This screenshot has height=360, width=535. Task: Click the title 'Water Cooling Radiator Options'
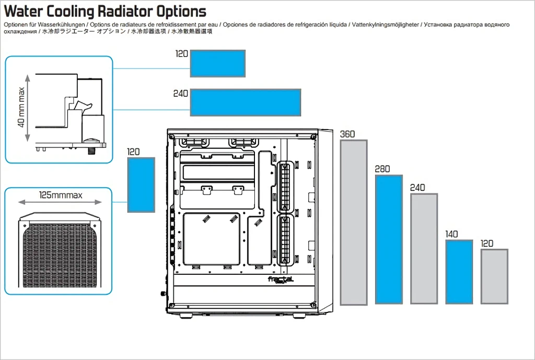(x=105, y=11)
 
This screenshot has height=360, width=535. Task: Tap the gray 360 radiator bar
(x=354, y=222)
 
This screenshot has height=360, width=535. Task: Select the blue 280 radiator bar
(x=389, y=239)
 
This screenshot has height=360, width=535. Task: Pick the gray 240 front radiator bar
(x=424, y=248)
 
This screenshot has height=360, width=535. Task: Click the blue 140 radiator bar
(x=459, y=271)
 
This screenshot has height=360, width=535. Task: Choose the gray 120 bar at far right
(x=494, y=276)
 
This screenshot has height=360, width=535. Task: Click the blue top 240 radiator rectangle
(x=245, y=102)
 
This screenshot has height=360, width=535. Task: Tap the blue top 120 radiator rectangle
(x=217, y=63)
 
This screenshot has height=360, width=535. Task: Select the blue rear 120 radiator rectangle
(x=141, y=184)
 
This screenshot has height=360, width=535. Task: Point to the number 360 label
(x=347, y=134)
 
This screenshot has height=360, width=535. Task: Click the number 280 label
(x=382, y=169)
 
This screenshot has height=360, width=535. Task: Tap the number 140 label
(x=452, y=234)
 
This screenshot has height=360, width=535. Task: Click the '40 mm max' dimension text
(x=21, y=108)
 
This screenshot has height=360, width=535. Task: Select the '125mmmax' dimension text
(x=61, y=196)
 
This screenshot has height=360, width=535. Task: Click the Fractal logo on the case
(x=281, y=280)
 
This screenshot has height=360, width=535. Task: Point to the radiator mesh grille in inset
(x=59, y=253)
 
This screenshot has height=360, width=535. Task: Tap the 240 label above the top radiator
(x=181, y=94)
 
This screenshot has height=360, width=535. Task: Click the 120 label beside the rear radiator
(x=134, y=152)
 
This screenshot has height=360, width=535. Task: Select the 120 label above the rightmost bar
(x=487, y=243)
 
